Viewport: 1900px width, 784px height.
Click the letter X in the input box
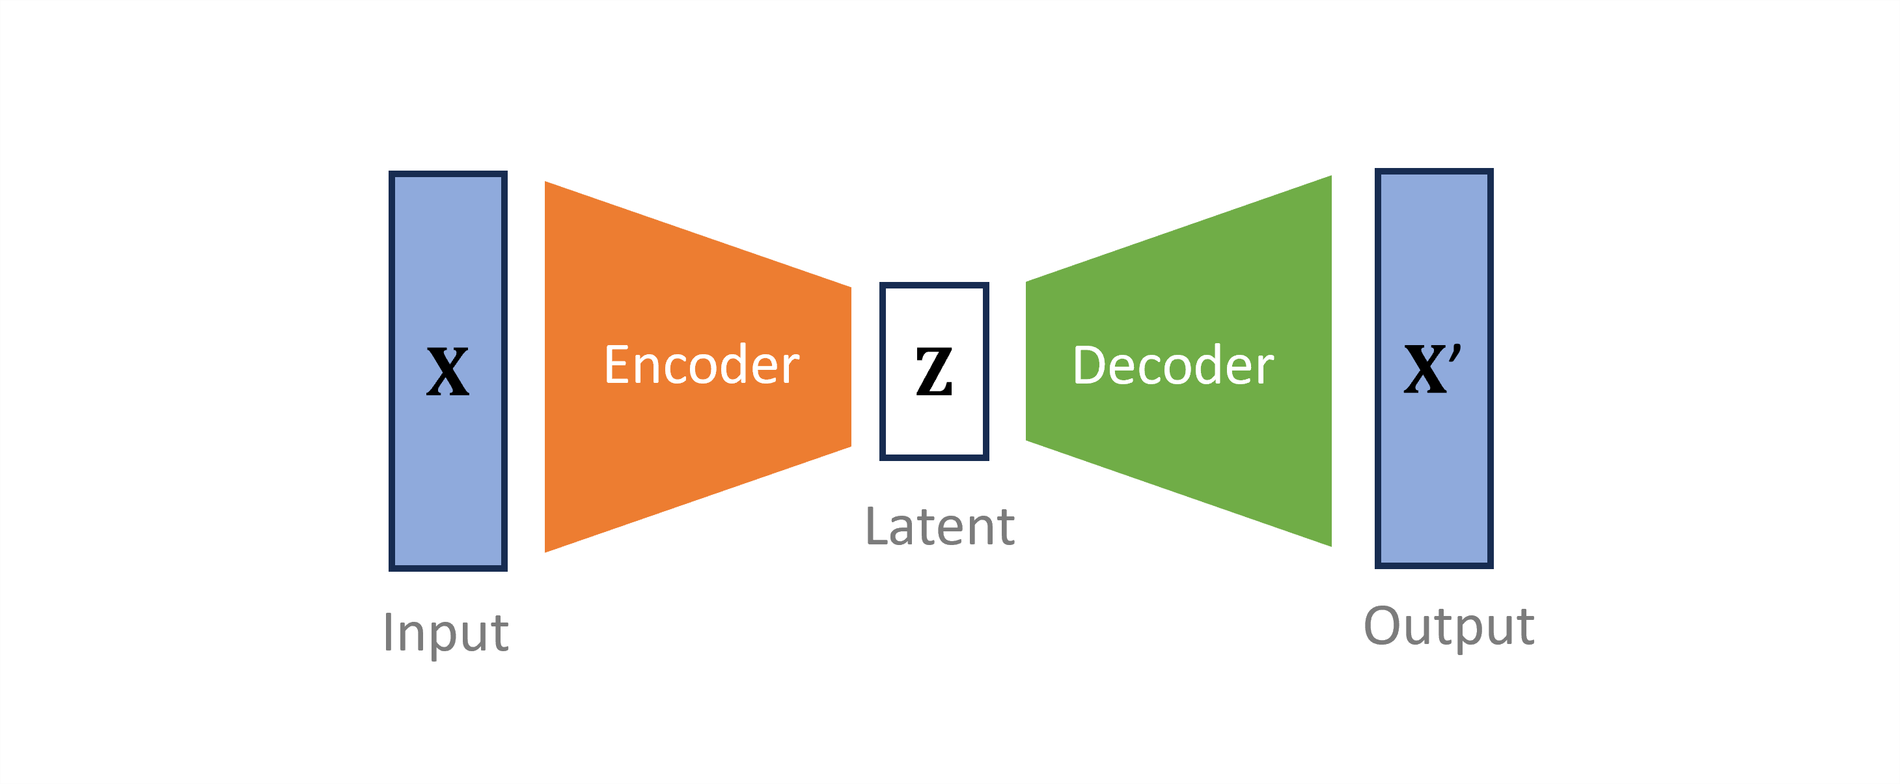(x=448, y=372)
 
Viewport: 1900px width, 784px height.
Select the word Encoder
(x=702, y=365)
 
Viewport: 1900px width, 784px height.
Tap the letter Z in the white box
(x=934, y=372)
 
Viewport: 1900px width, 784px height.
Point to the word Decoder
(x=1173, y=366)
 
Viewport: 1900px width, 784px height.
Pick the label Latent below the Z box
(x=940, y=527)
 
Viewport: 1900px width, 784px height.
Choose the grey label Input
(x=445, y=632)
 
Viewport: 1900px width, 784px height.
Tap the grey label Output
(x=1449, y=626)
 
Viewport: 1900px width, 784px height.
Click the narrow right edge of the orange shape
(x=849, y=367)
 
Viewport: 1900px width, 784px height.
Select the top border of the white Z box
(x=934, y=285)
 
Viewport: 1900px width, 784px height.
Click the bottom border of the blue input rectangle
(x=448, y=568)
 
